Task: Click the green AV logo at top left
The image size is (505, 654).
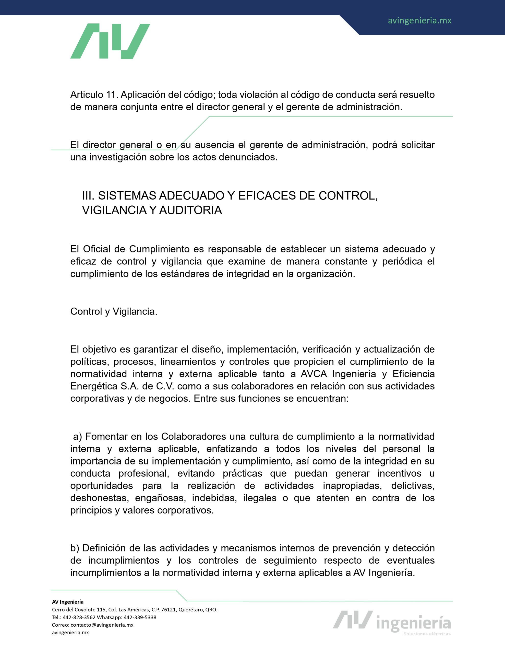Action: [110, 41]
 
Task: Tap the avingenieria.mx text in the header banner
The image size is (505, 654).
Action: [419, 21]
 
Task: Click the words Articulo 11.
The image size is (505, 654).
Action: [94, 95]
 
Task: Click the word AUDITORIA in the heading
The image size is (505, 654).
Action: [190, 210]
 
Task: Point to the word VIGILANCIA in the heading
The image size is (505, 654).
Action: [114, 210]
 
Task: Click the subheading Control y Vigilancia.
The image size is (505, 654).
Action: [114, 311]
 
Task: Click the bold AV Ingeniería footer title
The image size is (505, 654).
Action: [68, 602]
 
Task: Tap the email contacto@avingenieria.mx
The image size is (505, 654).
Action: [102, 625]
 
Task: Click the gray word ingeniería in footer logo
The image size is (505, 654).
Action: [414, 623]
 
